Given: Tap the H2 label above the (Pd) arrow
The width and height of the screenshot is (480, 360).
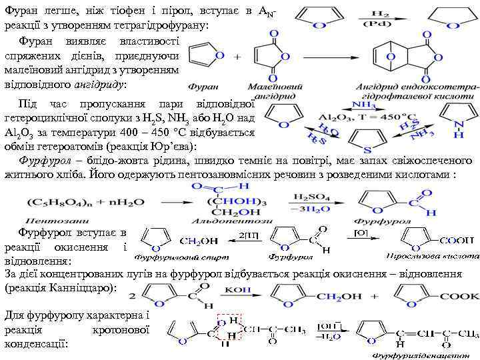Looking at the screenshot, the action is click(x=381, y=13).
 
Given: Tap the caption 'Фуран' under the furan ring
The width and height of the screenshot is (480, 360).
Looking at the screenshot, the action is click(x=203, y=86).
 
